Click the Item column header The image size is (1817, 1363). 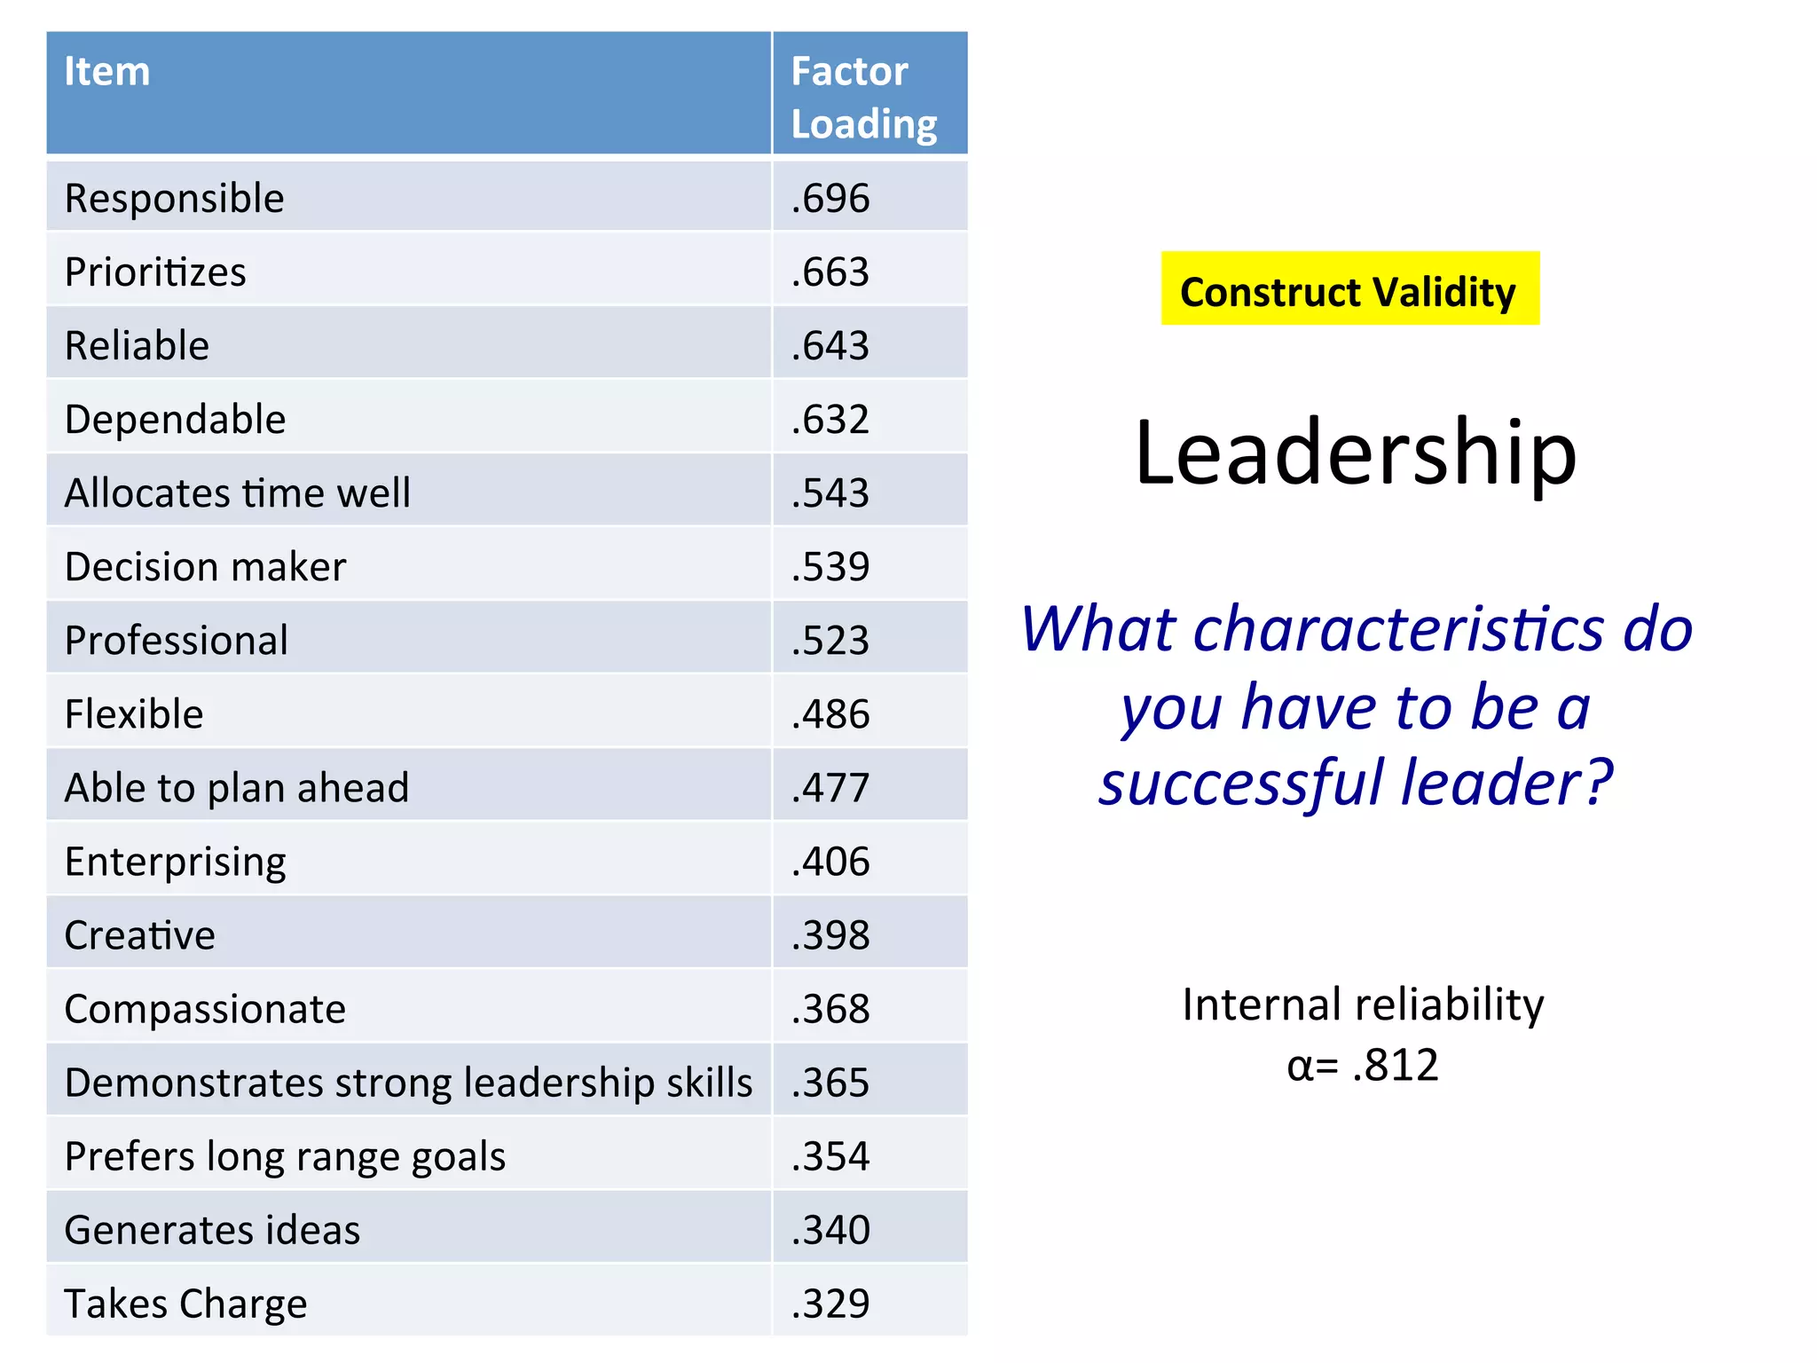[x=107, y=72]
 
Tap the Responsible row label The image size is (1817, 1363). [x=175, y=199]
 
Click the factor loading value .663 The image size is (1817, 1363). [x=830, y=272]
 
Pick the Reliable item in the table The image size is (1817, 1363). [x=138, y=346]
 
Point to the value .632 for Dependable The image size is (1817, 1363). [x=830, y=420]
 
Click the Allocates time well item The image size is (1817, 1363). [x=238, y=493]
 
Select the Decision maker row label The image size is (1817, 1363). [x=206, y=567]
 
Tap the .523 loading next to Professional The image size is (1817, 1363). [x=830, y=641]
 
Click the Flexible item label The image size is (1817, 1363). [x=134, y=714]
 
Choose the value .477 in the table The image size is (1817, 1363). [x=830, y=788]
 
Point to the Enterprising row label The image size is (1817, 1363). [x=176, y=862]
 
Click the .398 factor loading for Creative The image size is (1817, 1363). [x=830, y=935]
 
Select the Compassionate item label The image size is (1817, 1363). [x=206, y=1009]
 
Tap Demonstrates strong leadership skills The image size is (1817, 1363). [x=408, y=1083]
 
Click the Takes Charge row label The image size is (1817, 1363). [x=186, y=1304]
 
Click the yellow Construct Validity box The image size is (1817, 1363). [x=1349, y=289]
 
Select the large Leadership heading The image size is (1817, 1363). [x=1356, y=453]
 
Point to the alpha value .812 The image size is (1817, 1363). [x=1395, y=1065]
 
